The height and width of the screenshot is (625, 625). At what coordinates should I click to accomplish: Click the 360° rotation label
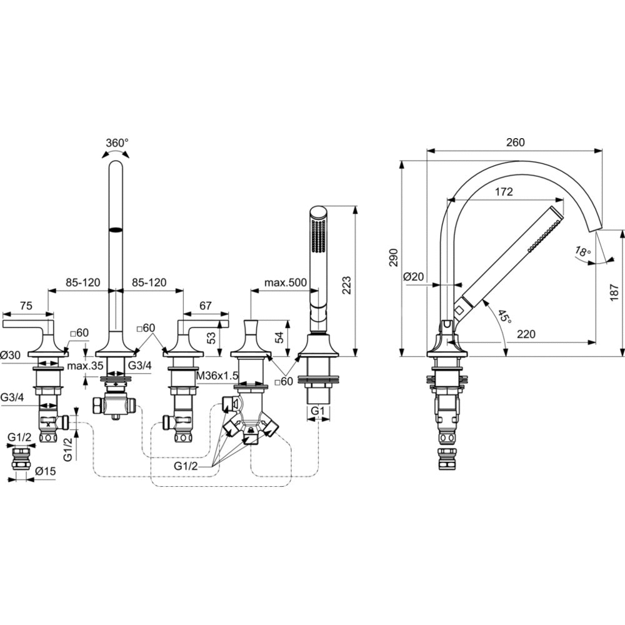click(116, 142)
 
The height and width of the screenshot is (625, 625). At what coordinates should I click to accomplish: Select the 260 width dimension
click(515, 142)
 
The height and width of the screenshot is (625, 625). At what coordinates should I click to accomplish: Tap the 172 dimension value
click(503, 192)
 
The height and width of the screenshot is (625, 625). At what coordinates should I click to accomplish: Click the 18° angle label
click(582, 252)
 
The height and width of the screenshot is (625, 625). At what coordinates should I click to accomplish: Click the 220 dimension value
click(526, 334)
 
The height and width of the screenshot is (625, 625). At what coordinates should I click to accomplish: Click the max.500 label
click(285, 282)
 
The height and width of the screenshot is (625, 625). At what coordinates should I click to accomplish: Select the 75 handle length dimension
click(26, 306)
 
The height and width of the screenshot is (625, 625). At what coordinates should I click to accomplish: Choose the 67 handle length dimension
click(206, 306)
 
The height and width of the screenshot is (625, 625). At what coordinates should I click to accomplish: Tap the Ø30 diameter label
click(12, 354)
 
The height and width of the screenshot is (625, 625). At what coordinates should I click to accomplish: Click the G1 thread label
click(318, 411)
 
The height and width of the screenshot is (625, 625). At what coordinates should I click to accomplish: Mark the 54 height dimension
click(279, 337)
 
